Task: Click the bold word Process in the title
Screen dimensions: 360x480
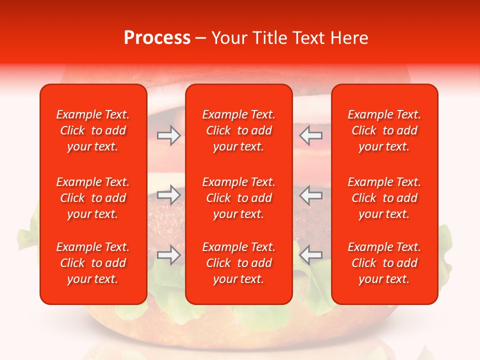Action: pyautogui.click(x=157, y=38)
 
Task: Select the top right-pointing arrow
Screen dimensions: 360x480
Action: pyautogui.click(x=168, y=135)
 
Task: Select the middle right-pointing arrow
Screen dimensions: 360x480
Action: pyautogui.click(x=168, y=195)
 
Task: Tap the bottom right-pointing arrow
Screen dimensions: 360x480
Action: pyautogui.click(x=168, y=255)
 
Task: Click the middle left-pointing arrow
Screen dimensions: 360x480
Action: pyautogui.click(x=311, y=195)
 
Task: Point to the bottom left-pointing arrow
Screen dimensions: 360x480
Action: pyautogui.click(x=311, y=255)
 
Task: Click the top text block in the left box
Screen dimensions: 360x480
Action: pyautogui.click(x=93, y=130)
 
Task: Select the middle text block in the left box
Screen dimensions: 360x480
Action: pyautogui.click(x=93, y=198)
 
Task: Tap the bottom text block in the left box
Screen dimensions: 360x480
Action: pyautogui.click(x=93, y=263)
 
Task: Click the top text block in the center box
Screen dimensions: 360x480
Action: pyautogui.click(x=238, y=130)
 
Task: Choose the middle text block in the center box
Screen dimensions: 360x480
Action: pyautogui.click(x=238, y=198)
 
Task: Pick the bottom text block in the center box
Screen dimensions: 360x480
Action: pyautogui.click(x=238, y=263)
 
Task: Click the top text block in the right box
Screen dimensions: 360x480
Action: pyautogui.click(x=384, y=130)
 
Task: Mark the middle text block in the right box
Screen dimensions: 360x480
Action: pyautogui.click(x=384, y=198)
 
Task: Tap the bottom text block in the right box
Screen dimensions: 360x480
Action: pyautogui.click(x=384, y=263)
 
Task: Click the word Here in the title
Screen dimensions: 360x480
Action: pyautogui.click(x=349, y=38)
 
